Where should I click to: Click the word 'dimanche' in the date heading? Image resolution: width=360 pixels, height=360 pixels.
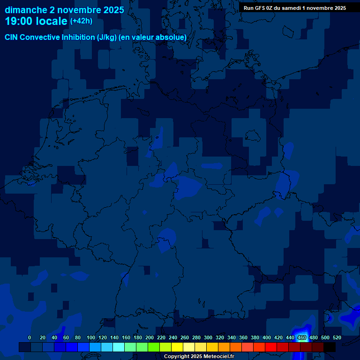point(25,10)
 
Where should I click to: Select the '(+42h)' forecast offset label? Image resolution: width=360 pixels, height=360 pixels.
point(81,21)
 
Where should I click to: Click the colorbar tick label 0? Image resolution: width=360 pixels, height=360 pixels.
point(30,337)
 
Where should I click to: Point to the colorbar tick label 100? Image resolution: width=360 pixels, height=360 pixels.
point(91,337)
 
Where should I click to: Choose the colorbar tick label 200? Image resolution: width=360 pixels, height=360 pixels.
point(150,337)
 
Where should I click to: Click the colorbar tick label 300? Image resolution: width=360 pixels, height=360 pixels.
point(208,337)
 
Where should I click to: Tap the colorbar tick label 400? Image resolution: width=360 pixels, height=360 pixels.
point(267,337)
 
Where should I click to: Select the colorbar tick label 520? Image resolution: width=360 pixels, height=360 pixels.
point(337,337)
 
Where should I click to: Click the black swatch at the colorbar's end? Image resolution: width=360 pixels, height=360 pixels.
point(330,347)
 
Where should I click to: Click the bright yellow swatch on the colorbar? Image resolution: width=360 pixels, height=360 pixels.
point(177,347)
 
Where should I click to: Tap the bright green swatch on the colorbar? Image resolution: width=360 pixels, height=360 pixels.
point(154,347)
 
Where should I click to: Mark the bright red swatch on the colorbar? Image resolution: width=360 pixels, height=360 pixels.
point(271,347)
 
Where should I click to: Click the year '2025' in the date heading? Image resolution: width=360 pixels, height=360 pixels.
point(114,10)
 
